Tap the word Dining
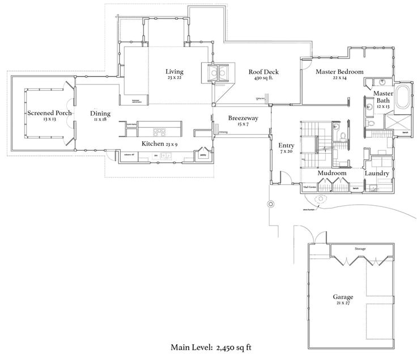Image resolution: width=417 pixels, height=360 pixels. click(100, 113)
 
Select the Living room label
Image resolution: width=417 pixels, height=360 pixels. click(175, 71)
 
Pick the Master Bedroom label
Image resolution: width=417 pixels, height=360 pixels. click(339, 71)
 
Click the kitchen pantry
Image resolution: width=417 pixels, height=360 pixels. click(202, 154)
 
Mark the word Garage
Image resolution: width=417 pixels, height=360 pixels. click(343, 297)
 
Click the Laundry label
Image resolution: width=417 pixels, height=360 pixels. click(376, 173)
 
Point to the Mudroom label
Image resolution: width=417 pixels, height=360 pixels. click(331, 173)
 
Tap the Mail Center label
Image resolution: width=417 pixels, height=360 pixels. click(309, 186)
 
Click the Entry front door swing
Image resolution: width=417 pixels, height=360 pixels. click(287, 178)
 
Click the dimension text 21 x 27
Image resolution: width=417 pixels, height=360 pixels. click(343, 304)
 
